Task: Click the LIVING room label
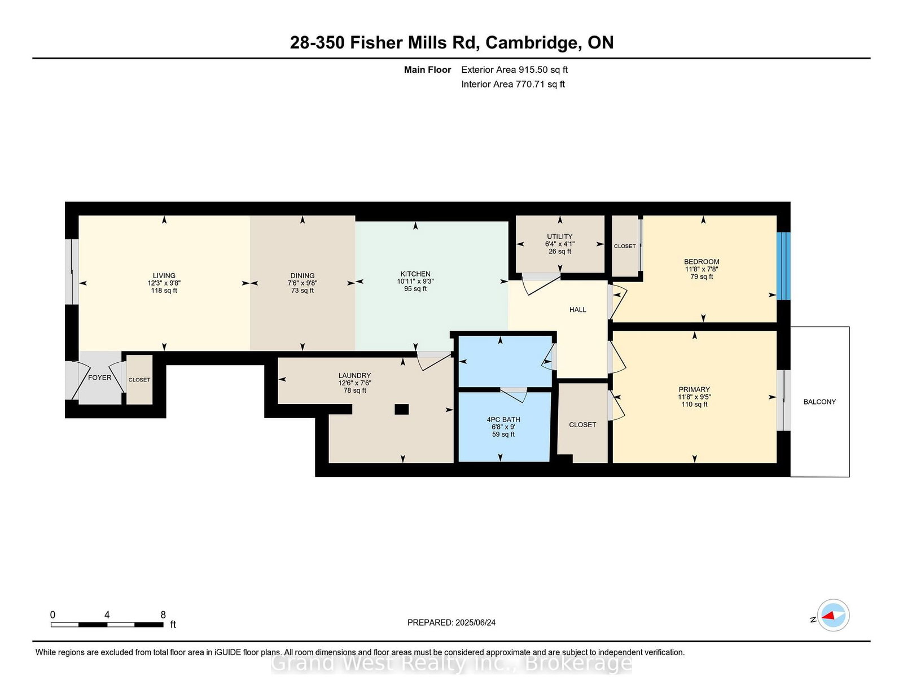(x=164, y=275)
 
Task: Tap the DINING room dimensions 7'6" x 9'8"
(x=303, y=283)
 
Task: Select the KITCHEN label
(x=415, y=274)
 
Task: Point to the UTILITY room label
(x=559, y=236)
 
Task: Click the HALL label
(x=577, y=310)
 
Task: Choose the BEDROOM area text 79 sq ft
(x=702, y=276)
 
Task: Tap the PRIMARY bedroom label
(x=694, y=389)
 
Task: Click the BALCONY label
(x=819, y=402)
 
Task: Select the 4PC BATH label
(x=503, y=419)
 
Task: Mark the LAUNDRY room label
(x=354, y=375)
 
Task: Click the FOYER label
(x=100, y=377)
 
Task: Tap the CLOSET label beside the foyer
(x=139, y=380)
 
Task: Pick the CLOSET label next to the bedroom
(x=625, y=246)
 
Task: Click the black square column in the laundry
(x=401, y=410)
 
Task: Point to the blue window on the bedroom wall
(x=783, y=266)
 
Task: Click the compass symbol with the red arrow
(x=833, y=615)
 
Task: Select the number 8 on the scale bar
(x=163, y=615)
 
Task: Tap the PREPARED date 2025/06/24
(x=475, y=622)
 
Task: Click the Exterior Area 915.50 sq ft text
(x=514, y=69)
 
